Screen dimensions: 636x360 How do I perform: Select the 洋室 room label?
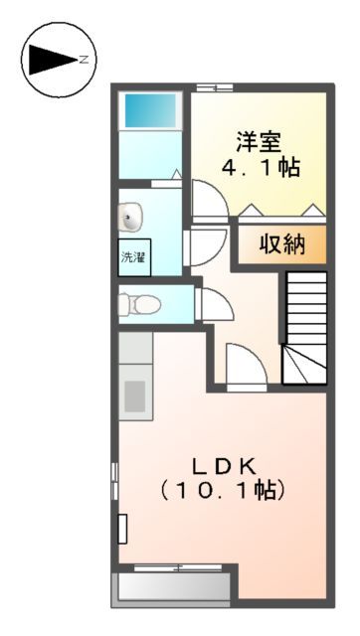click(x=255, y=140)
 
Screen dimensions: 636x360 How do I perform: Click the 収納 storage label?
click(x=281, y=244)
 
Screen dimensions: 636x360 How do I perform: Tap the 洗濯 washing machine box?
click(x=133, y=256)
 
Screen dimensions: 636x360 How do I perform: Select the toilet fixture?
click(x=138, y=301)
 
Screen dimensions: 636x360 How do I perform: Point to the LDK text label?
click(x=225, y=464)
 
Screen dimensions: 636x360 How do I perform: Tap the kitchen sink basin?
click(x=134, y=394)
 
